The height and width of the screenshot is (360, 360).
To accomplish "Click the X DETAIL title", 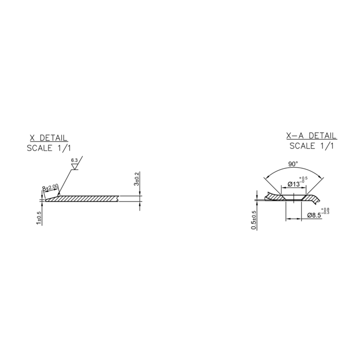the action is coord(48,138).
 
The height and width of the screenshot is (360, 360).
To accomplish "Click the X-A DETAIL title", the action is coord(311,136).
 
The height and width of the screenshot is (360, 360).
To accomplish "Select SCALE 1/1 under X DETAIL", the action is coord(49,148).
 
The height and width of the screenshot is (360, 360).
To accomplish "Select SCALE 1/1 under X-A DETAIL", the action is coord(312,146).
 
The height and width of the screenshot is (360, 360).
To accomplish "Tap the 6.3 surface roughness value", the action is coord(75,160).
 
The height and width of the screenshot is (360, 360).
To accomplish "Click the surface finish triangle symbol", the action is coord(75,167).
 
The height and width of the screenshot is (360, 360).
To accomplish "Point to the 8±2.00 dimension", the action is coord(50,187).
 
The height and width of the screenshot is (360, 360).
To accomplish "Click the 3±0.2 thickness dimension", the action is coord(137,179).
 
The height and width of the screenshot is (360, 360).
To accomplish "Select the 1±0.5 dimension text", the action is coord(39,218).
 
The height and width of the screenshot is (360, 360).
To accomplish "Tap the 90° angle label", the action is coord(293,164).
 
